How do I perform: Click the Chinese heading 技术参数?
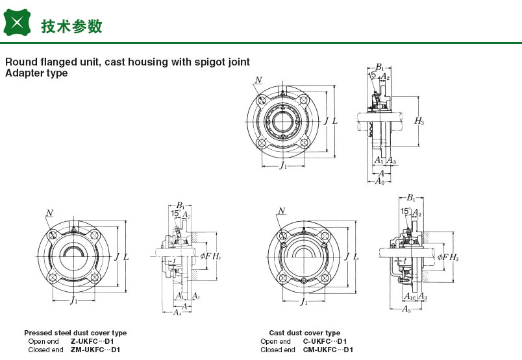(x=71, y=26)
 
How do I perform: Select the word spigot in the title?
(x=202, y=62)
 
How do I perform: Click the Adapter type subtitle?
(x=36, y=73)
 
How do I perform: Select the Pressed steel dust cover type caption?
(x=75, y=333)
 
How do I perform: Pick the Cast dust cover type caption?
(x=304, y=333)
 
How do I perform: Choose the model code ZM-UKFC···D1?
(x=95, y=350)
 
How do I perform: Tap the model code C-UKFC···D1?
(x=325, y=341)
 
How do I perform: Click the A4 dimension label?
(x=177, y=312)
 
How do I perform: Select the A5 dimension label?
(x=406, y=309)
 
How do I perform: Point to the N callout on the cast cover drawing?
(x=282, y=210)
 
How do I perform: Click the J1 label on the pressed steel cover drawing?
(x=74, y=300)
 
